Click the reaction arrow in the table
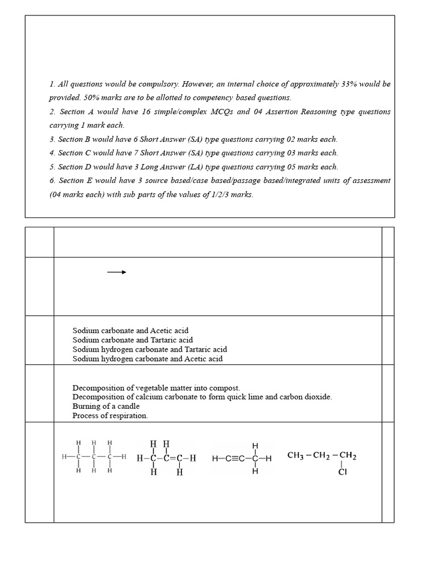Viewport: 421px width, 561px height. tap(117, 272)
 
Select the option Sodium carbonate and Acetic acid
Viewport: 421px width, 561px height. tap(130, 331)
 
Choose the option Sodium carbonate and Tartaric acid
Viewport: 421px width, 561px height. tap(133, 340)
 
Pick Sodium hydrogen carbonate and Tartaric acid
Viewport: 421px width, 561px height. tap(150, 350)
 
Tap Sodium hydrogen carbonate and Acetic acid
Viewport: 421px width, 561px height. tap(147, 359)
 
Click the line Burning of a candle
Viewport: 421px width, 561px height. tap(106, 407)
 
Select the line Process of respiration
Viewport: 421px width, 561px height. tap(110, 416)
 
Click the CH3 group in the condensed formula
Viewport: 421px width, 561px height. tap(297, 455)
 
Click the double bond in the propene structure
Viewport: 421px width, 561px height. tap(172, 458)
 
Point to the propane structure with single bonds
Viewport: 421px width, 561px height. tap(94, 456)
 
